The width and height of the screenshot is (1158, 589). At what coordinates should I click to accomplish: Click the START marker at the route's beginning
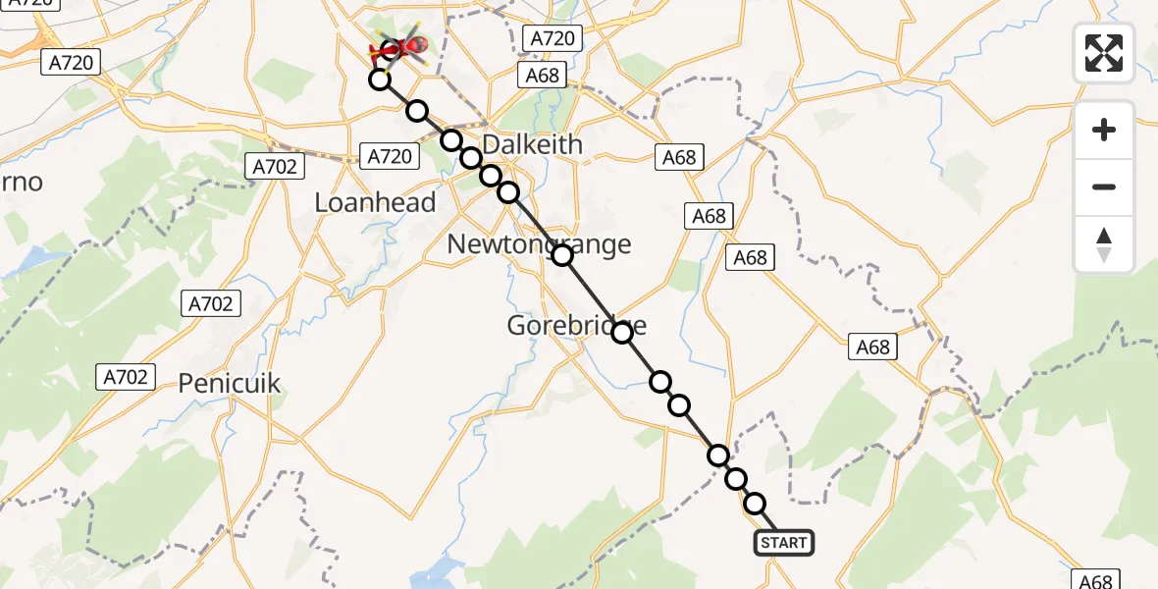pyautogui.click(x=783, y=543)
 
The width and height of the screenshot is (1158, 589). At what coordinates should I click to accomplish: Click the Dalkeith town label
pyautogui.click(x=533, y=144)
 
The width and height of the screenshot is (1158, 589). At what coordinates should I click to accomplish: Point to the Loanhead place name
pyautogui.click(x=375, y=202)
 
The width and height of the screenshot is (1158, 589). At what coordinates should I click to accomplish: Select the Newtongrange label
pyautogui.click(x=539, y=243)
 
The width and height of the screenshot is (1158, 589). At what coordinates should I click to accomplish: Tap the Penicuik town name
pyautogui.click(x=230, y=383)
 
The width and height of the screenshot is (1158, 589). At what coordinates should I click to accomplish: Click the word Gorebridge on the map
pyautogui.click(x=577, y=325)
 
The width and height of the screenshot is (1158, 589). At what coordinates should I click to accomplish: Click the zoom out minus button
pyautogui.click(x=1104, y=187)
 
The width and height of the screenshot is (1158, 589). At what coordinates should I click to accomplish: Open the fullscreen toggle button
pyautogui.click(x=1104, y=52)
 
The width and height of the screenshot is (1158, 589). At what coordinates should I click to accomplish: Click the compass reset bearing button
pyautogui.click(x=1104, y=244)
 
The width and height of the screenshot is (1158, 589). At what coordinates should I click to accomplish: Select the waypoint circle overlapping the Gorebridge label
pyautogui.click(x=622, y=333)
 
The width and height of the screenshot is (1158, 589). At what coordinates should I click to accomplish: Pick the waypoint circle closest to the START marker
pyautogui.click(x=755, y=504)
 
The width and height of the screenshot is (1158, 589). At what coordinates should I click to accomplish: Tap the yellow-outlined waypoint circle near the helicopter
pyautogui.click(x=379, y=80)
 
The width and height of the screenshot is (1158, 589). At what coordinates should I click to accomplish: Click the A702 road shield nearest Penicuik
pyautogui.click(x=126, y=376)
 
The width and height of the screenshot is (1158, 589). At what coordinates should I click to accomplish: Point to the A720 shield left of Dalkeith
pyautogui.click(x=392, y=155)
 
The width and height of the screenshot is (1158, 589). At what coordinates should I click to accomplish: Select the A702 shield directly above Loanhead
pyautogui.click(x=274, y=167)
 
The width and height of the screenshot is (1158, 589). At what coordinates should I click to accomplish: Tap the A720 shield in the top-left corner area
pyautogui.click(x=70, y=63)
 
